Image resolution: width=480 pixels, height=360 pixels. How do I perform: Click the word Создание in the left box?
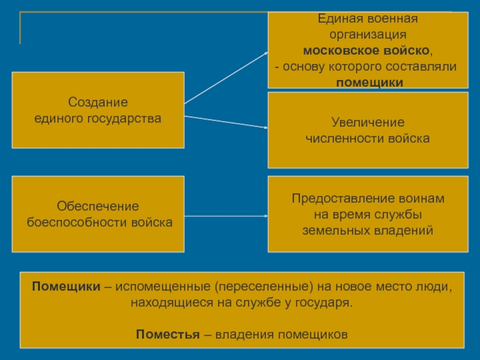coord(98,103)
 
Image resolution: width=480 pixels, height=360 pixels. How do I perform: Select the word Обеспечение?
coord(98,206)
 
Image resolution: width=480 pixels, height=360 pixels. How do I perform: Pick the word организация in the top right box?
coord(368,35)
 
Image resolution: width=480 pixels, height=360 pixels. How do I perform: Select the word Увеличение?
coord(368,122)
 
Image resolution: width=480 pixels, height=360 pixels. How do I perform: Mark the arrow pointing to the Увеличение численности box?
coord(226,122)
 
